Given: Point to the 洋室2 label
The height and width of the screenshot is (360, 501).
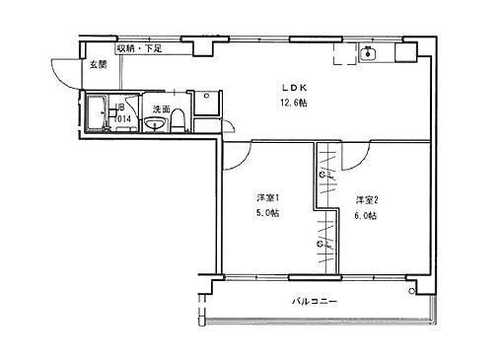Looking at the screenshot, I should [366, 199].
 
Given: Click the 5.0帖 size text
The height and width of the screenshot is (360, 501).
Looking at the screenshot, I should [266, 213].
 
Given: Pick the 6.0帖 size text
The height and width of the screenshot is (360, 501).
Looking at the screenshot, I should [366, 213].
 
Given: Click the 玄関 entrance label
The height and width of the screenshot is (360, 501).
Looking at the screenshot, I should [97, 64].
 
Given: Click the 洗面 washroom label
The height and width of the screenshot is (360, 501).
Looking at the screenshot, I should [161, 109].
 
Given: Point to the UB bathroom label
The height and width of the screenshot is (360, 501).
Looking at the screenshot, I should [119, 108].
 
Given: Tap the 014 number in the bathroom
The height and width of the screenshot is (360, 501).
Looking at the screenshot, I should [123, 118].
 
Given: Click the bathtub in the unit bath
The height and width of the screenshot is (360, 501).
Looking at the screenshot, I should [99, 113].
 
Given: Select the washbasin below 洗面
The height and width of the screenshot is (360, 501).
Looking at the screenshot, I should [156, 123].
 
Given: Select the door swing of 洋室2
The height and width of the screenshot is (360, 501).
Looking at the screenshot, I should [352, 153].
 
